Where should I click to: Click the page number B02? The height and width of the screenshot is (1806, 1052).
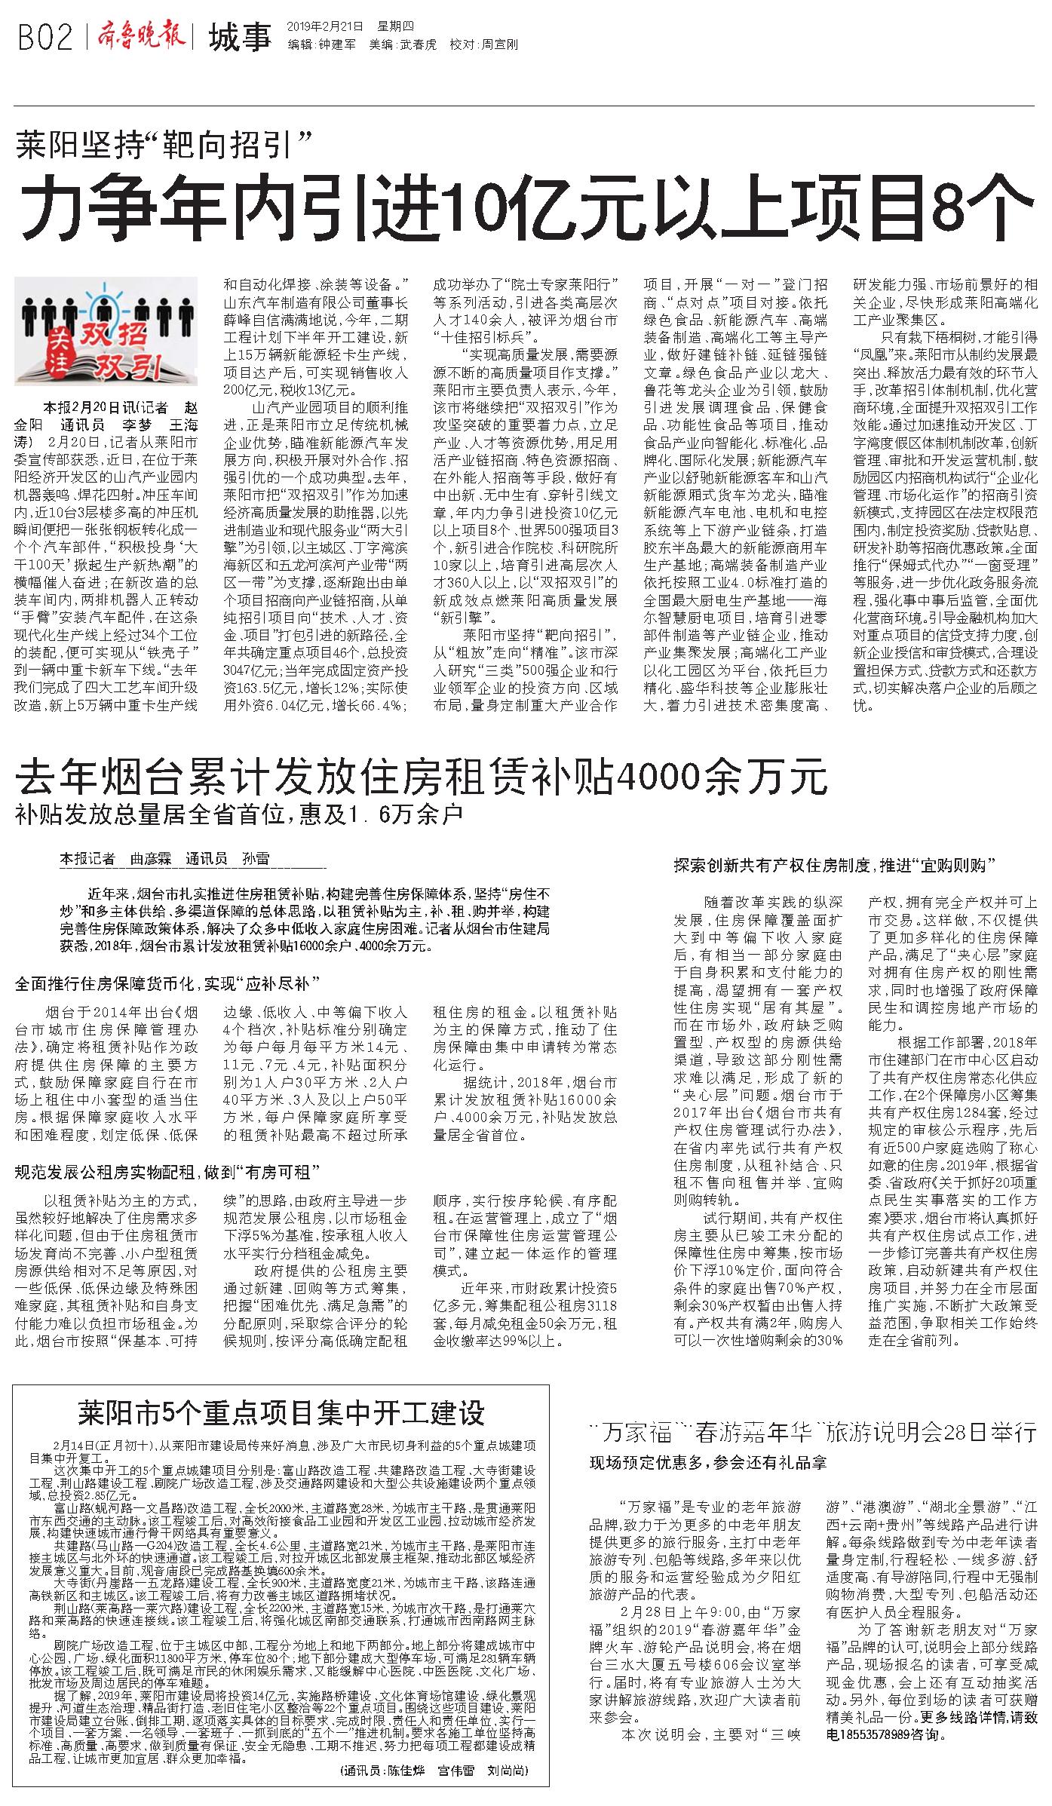45,37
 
